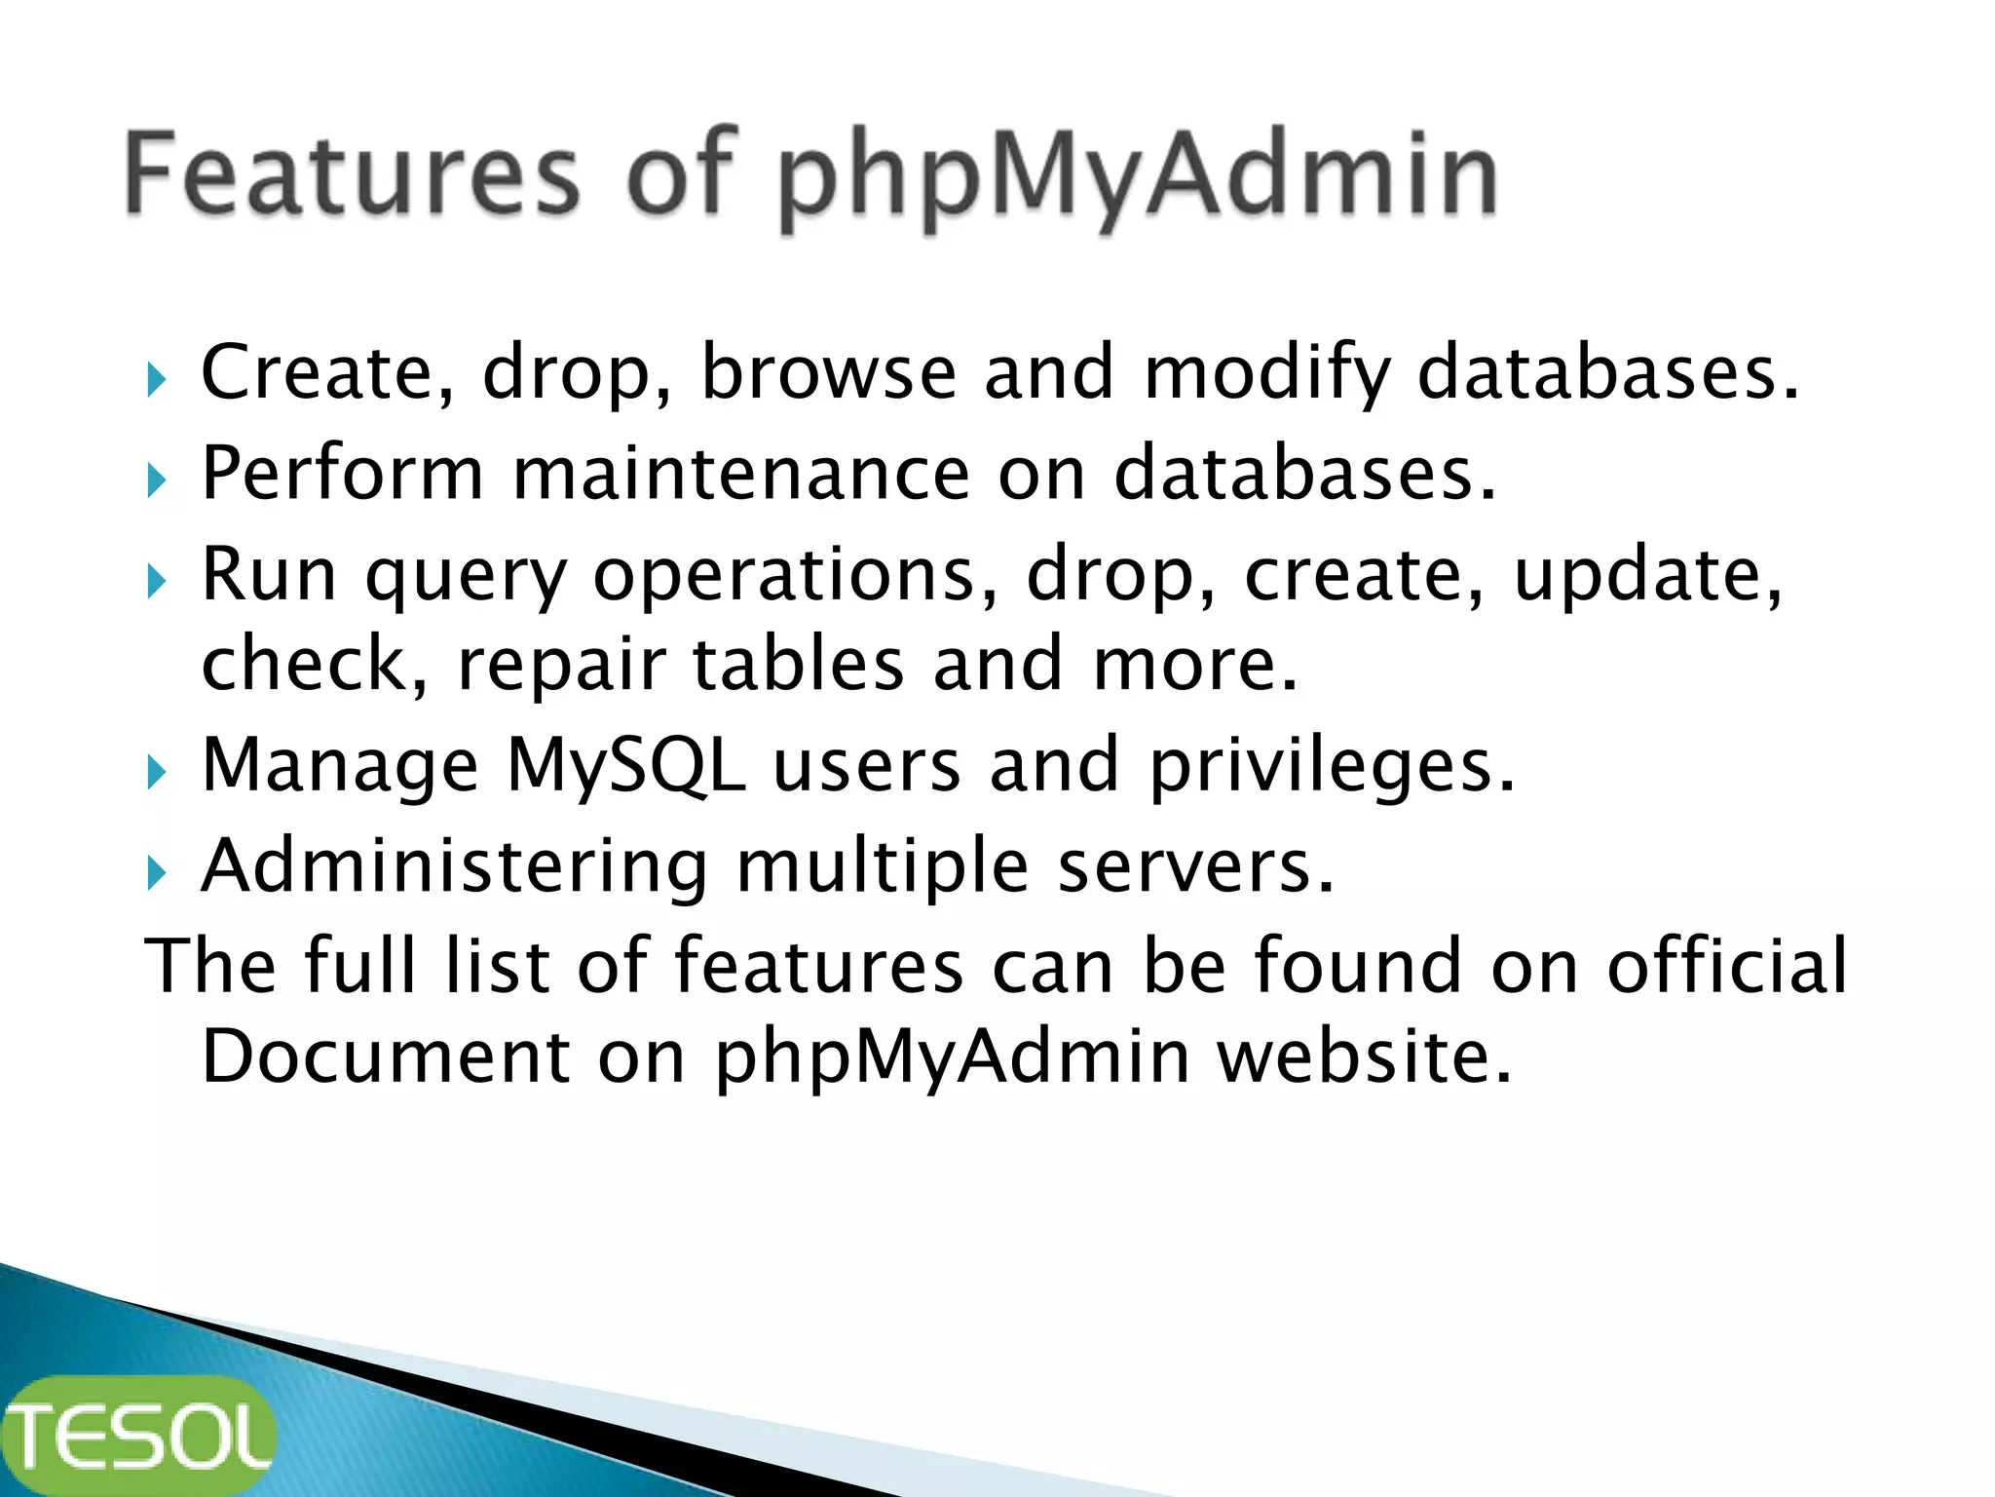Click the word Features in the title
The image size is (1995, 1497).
tap(353, 175)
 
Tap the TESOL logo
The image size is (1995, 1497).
tap(138, 1435)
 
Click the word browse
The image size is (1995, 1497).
tap(829, 372)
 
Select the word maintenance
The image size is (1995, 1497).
tap(741, 474)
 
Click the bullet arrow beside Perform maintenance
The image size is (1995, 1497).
tap(157, 480)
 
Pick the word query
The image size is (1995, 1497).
tap(466, 577)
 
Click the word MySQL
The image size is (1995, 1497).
tap(626, 767)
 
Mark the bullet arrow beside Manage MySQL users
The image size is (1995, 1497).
tap(157, 773)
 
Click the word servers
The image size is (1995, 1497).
tap(1195, 866)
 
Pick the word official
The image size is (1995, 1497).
tap(1726, 965)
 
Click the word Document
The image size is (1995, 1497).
tap(386, 1056)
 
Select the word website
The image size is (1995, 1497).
tap(1365, 1056)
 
